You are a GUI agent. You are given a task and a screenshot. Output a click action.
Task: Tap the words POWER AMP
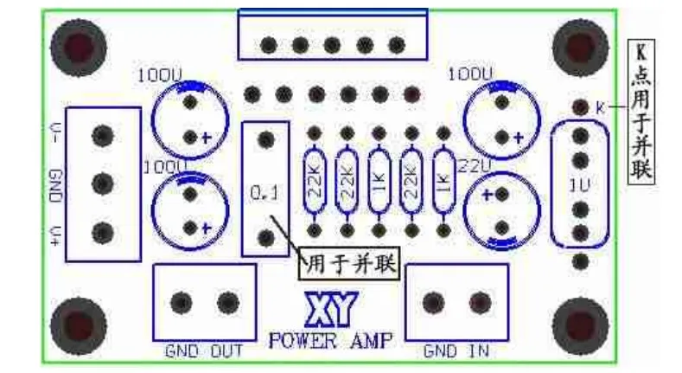[x=328, y=338]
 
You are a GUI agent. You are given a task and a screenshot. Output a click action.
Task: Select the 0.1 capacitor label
[x=264, y=195]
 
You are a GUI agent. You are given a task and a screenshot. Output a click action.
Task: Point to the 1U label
[x=579, y=184]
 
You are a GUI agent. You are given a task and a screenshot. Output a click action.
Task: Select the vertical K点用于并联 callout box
[x=641, y=112]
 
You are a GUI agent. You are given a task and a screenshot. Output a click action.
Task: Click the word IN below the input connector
[x=478, y=352]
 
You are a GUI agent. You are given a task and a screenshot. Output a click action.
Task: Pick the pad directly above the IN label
[x=478, y=302]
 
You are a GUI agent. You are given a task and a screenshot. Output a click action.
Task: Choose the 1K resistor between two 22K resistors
[x=378, y=182]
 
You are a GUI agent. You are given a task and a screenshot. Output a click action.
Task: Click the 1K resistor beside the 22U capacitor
[x=443, y=182]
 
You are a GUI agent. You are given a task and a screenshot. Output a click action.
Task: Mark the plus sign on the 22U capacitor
[x=488, y=196]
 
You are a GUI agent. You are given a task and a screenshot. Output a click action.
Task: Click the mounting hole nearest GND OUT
[x=79, y=325]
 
